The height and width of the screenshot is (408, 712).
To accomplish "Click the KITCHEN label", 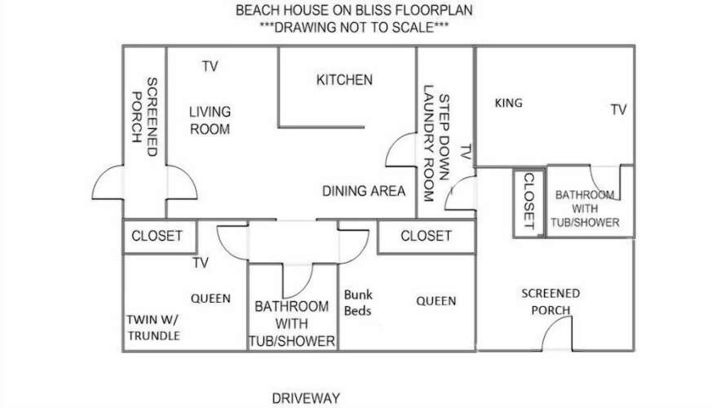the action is point(344,80).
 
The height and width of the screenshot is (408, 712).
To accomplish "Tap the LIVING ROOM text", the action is point(210,121).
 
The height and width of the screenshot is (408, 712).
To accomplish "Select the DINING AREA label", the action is point(364,191).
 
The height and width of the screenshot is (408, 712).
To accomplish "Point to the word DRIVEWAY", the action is point(306,398).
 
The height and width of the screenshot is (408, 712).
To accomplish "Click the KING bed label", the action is point(508,103).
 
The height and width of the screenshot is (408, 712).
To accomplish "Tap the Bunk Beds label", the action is point(358,303).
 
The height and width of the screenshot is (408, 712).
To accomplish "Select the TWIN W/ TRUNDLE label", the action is point(153,327).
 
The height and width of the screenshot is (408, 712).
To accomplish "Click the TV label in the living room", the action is point(210,67).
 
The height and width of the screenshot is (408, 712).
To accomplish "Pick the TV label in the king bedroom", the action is point(618,109).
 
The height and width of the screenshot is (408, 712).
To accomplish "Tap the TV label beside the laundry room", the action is point(466,152).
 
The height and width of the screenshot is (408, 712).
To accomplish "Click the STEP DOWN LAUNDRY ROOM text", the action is point(436,143).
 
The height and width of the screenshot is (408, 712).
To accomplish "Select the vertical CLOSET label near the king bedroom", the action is point(529,201).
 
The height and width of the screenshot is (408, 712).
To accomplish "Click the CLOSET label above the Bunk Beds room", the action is point(426,236).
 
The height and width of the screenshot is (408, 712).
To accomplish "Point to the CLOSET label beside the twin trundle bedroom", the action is point(157,236).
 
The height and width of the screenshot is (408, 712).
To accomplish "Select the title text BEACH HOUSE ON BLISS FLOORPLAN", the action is point(354,10).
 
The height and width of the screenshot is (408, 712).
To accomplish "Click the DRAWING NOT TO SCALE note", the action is point(354,27).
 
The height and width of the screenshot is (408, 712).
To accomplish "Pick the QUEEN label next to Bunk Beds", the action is point(436,301).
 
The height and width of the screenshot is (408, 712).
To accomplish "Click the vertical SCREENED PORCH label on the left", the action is point(144,117).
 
